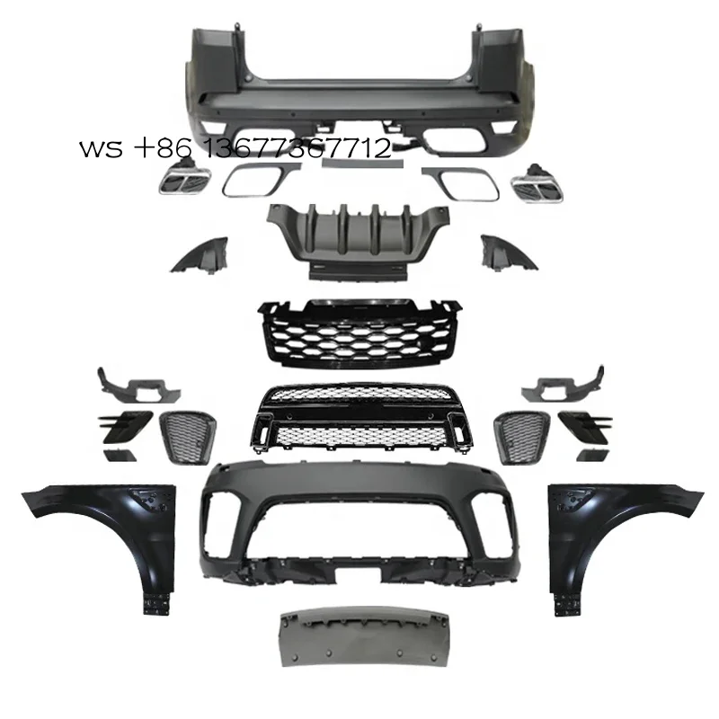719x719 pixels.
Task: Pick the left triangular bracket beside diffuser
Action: coord(200,253)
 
